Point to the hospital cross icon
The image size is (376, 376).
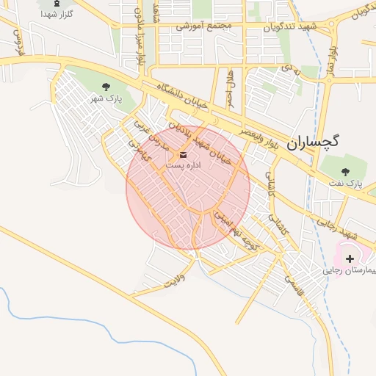click(350, 258)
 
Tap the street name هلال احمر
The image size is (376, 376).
click(230, 86)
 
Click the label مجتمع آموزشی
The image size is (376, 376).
click(203, 26)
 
